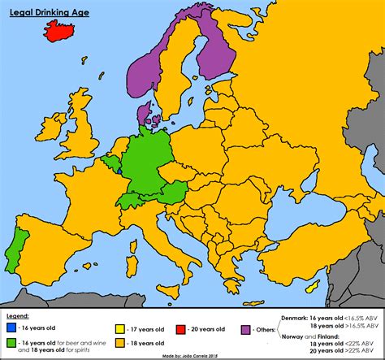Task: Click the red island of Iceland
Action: point(64,32)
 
